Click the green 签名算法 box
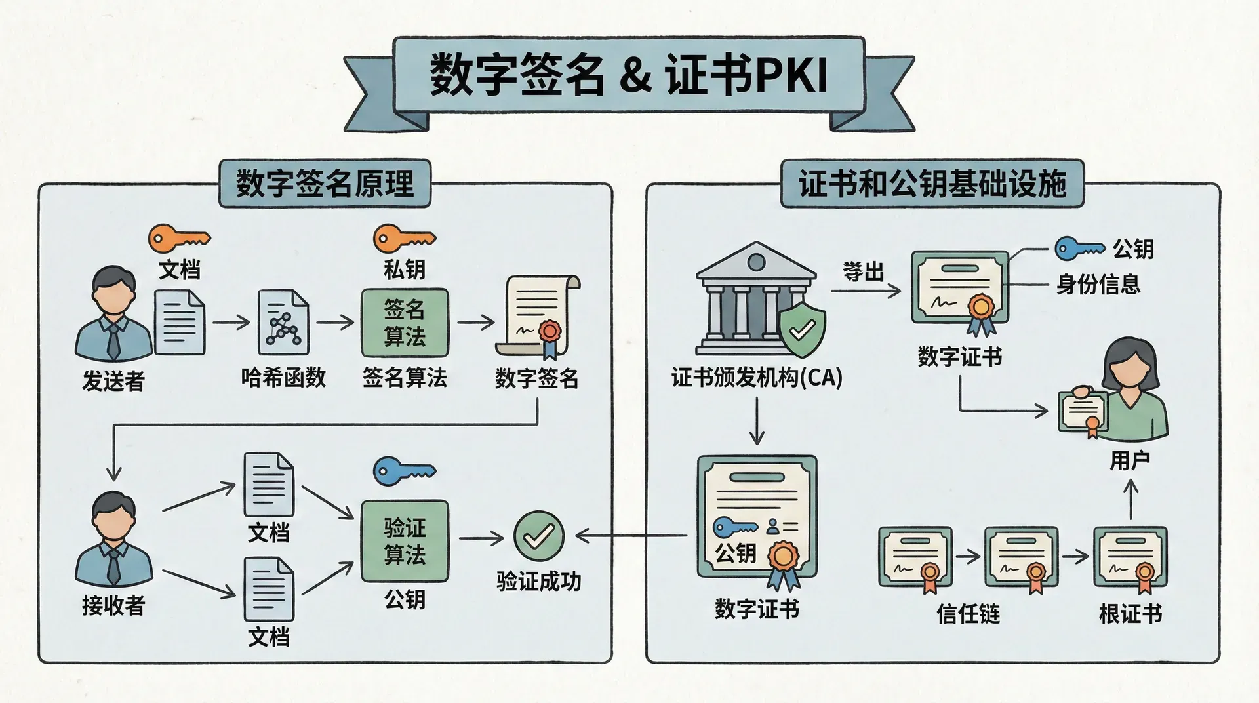point(405,323)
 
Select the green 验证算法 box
point(405,541)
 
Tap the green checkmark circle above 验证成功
point(538,536)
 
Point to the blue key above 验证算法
point(404,471)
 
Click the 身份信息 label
point(1098,285)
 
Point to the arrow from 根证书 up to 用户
point(1130,500)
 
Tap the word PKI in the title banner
point(791,75)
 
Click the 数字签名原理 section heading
point(325,184)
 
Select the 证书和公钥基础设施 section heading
point(932,184)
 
